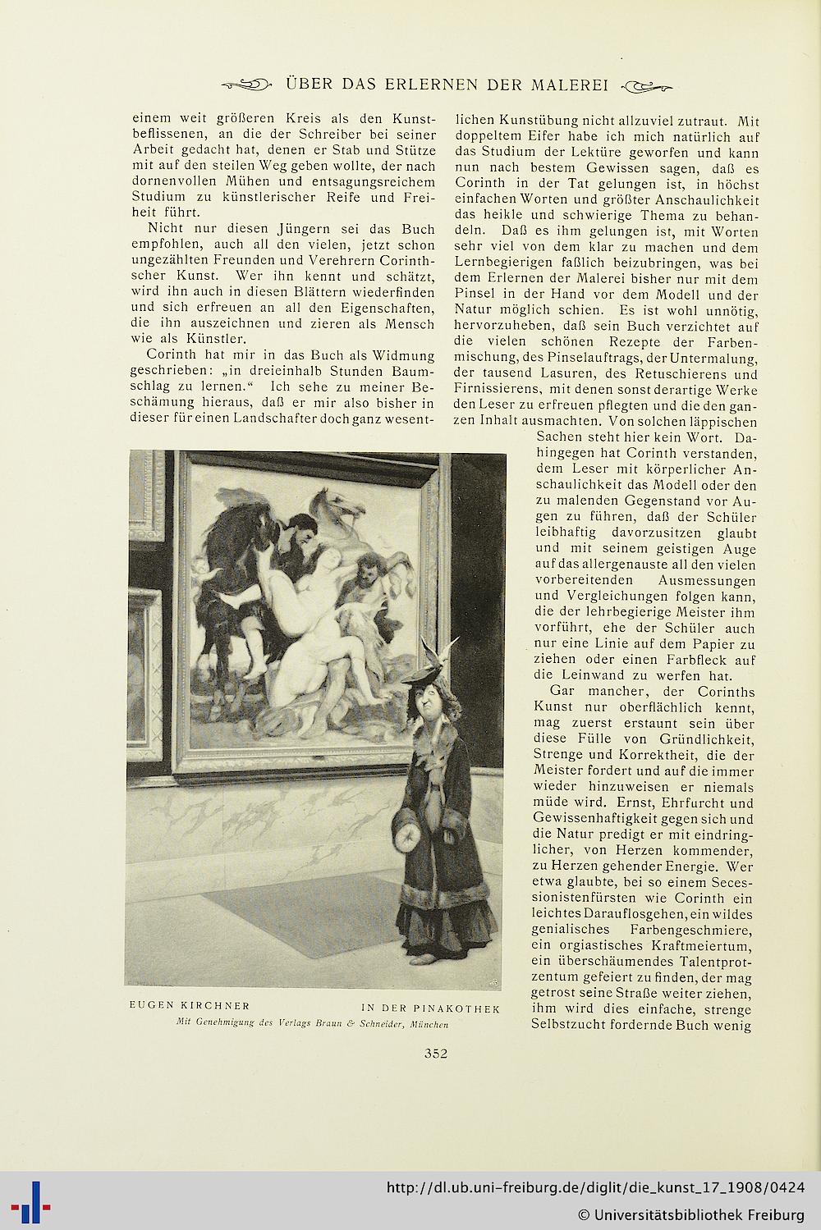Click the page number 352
point(435,1054)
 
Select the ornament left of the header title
point(246,85)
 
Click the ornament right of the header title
point(647,85)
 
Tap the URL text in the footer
point(594,1188)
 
